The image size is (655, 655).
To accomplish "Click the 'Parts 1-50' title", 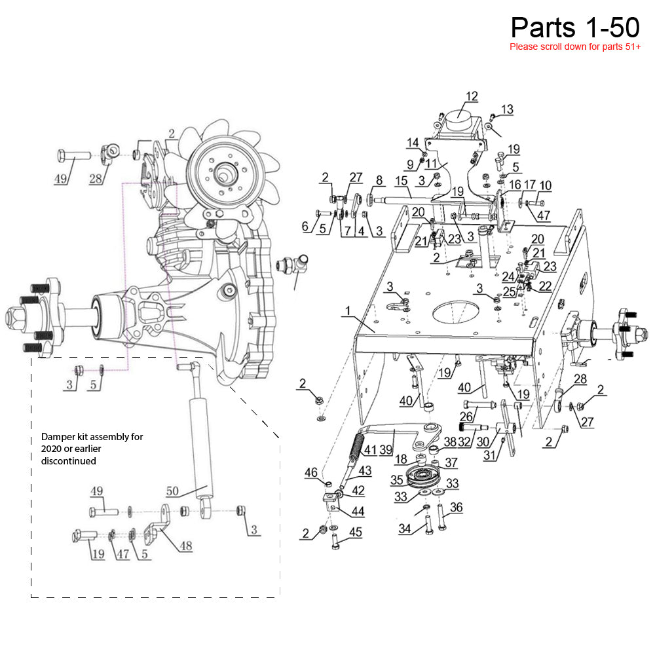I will pyautogui.click(x=574, y=27).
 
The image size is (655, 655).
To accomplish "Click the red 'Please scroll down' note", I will pyautogui.click(x=574, y=47).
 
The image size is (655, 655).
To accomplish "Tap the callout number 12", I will pyautogui.click(x=472, y=97).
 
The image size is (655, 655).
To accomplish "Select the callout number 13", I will pyautogui.click(x=507, y=109).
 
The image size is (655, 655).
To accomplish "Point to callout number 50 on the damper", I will pyautogui.click(x=172, y=491).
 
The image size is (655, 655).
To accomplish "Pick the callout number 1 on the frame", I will pyautogui.click(x=348, y=309).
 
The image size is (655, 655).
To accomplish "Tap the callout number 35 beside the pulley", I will pyautogui.click(x=397, y=479).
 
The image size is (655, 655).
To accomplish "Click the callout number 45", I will pyautogui.click(x=355, y=532).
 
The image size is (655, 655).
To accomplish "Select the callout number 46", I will pyautogui.click(x=310, y=472).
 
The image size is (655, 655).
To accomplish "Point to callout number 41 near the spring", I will pyautogui.click(x=371, y=450).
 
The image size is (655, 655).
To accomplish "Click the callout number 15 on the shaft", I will pyautogui.click(x=401, y=180).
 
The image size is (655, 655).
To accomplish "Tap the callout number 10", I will pyautogui.click(x=545, y=185).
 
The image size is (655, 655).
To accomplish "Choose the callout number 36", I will pyautogui.click(x=456, y=507).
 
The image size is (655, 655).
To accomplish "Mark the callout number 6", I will pyautogui.click(x=305, y=226).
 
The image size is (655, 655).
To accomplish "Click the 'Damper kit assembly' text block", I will pyautogui.click(x=92, y=449).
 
